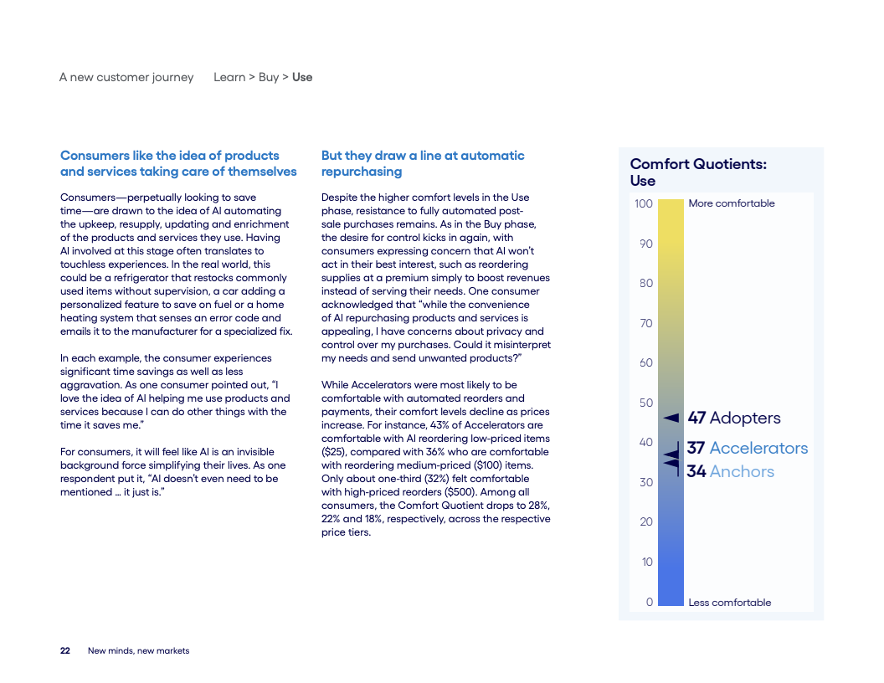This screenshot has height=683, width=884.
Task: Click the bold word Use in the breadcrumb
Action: [x=302, y=77]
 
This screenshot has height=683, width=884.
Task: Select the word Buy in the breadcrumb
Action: [x=269, y=77]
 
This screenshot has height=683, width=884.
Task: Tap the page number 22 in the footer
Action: [x=64, y=650]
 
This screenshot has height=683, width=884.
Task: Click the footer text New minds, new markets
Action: [x=138, y=650]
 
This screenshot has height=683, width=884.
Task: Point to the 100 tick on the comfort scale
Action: [x=643, y=203]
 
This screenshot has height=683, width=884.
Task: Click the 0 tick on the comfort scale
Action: [x=649, y=602]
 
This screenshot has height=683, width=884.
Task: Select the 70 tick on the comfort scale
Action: [x=645, y=323]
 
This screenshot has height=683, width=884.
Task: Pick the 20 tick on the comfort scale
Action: [x=645, y=521]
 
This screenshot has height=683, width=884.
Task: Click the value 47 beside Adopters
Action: [x=696, y=418]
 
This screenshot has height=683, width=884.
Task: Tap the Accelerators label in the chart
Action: [x=758, y=448]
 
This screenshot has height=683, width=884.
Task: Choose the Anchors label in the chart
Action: [x=742, y=471]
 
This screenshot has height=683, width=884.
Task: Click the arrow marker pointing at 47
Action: [x=671, y=418]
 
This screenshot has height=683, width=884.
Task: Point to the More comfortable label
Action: [x=731, y=203]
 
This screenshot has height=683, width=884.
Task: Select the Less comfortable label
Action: [x=729, y=602]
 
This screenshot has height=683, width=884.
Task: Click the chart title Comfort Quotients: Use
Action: [x=697, y=172]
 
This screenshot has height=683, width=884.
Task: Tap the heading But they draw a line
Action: [x=423, y=163]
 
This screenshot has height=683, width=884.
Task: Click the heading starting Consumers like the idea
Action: [x=178, y=163]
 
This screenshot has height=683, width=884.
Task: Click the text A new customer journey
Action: [x=126, y=77]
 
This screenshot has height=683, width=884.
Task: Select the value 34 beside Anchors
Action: [x=696, y=471]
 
